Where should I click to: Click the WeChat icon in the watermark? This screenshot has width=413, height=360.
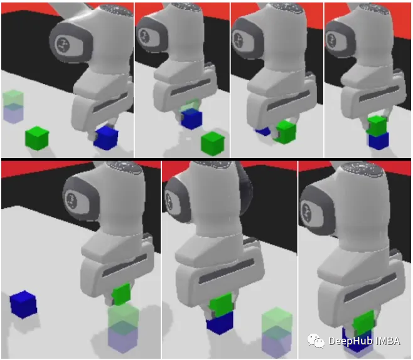[x=316, y=341]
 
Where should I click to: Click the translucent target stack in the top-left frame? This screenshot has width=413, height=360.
[x=13, y=107]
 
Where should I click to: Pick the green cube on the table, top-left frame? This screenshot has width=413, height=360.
[x=37, y=138]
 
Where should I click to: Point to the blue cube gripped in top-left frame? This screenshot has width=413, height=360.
[x=106, y=138]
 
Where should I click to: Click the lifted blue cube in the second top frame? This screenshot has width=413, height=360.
[x=192, y=119]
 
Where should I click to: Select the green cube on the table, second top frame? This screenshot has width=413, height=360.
[x=213, y=144]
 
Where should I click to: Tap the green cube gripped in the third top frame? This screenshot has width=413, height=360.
[x=286, y=132]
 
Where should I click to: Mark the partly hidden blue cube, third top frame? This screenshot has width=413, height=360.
[x=263, y=131]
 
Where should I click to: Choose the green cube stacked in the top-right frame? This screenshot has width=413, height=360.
[x=377, y=125]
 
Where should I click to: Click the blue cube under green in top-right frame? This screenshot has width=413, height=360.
[x=378, y=141]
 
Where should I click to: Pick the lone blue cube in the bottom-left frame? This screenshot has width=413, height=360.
[x=23, y=304]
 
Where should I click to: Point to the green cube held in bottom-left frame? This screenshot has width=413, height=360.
[x=122, y=294]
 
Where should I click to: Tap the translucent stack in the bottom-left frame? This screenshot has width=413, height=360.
[x=123, y=328]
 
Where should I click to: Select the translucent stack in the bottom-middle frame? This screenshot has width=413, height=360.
[x=277, y=332]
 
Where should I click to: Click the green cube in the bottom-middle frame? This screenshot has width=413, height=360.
[x=222, y=305]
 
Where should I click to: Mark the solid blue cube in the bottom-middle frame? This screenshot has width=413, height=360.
[x=220, y=323]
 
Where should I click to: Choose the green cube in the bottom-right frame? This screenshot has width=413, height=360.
[x=364, y=322]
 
